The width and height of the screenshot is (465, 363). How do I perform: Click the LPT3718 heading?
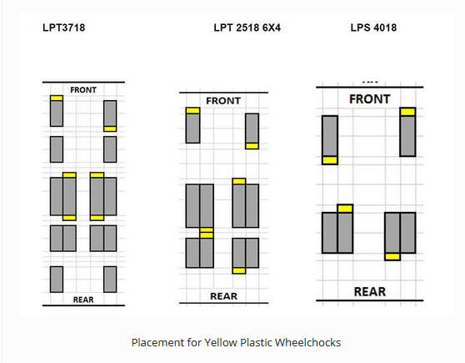point(64,28)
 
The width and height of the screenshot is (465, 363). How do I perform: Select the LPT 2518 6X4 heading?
point(247,28)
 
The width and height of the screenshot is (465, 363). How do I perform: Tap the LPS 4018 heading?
point(373,28)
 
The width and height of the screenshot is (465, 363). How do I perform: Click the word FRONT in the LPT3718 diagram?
point(83,90)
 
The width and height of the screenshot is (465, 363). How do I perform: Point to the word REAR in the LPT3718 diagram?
point(83,300)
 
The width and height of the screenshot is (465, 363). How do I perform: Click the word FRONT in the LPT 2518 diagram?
point(223,101)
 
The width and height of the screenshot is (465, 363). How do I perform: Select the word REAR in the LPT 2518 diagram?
point(223,296)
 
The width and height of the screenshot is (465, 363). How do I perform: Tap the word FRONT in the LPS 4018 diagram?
point(369,99)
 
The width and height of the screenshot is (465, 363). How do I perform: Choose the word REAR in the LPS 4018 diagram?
point(370,292)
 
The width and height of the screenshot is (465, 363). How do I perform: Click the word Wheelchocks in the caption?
point(307,342)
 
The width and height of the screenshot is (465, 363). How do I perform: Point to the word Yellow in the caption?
point(221,342)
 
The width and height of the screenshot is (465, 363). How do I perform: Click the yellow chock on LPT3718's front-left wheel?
point(57,98)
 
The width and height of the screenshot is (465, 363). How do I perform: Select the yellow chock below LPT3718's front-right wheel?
point(110,129)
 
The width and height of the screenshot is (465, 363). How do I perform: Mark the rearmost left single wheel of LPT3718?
point(57,280)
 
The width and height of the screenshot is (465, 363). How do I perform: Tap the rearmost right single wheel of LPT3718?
point(110,280)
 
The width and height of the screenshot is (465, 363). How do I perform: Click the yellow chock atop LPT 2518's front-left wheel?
point(192,111)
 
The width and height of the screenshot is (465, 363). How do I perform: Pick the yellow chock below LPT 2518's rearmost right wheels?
point(239,270)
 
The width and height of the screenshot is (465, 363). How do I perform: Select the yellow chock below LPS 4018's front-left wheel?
point(330,160)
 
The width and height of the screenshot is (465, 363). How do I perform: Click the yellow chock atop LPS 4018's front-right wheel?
point(407,112)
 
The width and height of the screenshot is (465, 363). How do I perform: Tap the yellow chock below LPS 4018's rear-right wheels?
point(392,257)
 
